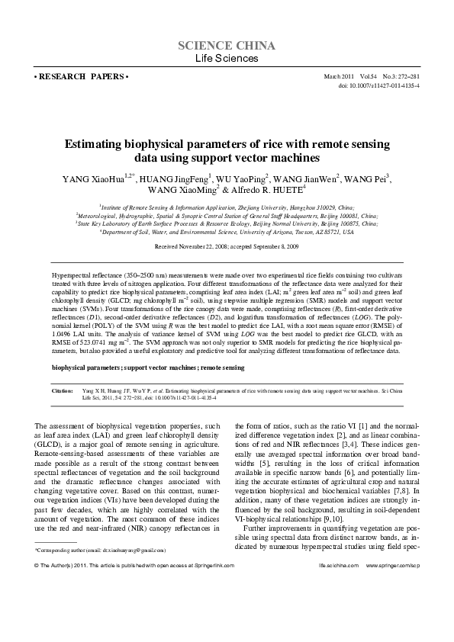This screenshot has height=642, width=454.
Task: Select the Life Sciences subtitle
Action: tap(227, 59)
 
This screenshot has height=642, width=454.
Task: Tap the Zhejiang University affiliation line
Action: tap(227, 207)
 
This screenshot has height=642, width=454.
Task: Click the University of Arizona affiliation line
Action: tap(227, 232)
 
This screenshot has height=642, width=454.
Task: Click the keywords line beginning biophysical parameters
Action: tap(148, 368)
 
